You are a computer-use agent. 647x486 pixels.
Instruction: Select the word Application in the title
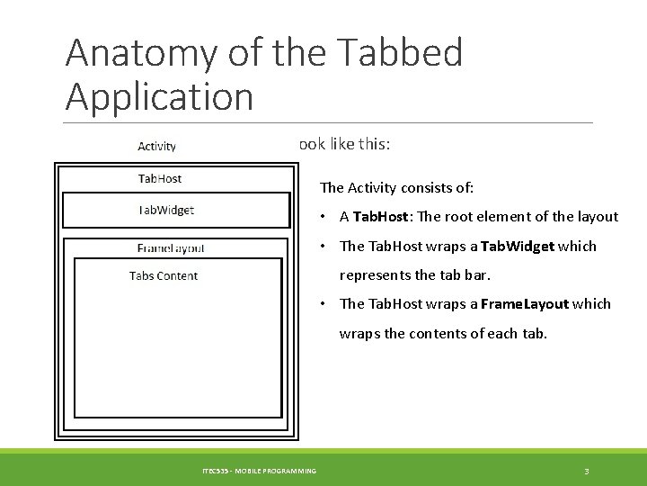tap(159, 96)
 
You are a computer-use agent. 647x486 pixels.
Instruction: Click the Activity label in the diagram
tap(156, 147)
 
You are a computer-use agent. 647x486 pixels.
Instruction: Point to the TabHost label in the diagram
tap(159, 179)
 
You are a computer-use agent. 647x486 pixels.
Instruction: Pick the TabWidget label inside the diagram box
tap(165, 211)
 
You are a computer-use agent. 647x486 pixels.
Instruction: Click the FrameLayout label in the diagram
tap(171, 248)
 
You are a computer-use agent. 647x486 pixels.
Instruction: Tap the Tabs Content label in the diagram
tap(164, 276)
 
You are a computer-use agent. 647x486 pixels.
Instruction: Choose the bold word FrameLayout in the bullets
tap(525, 304)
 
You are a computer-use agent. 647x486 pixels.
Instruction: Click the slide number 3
tap(586, 471)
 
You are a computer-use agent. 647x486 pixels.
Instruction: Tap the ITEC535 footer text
tap(259, 471)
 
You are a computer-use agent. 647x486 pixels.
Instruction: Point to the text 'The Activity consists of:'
tap(396, 188)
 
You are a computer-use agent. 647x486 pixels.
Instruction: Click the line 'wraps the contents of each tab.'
tap(442, 334)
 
